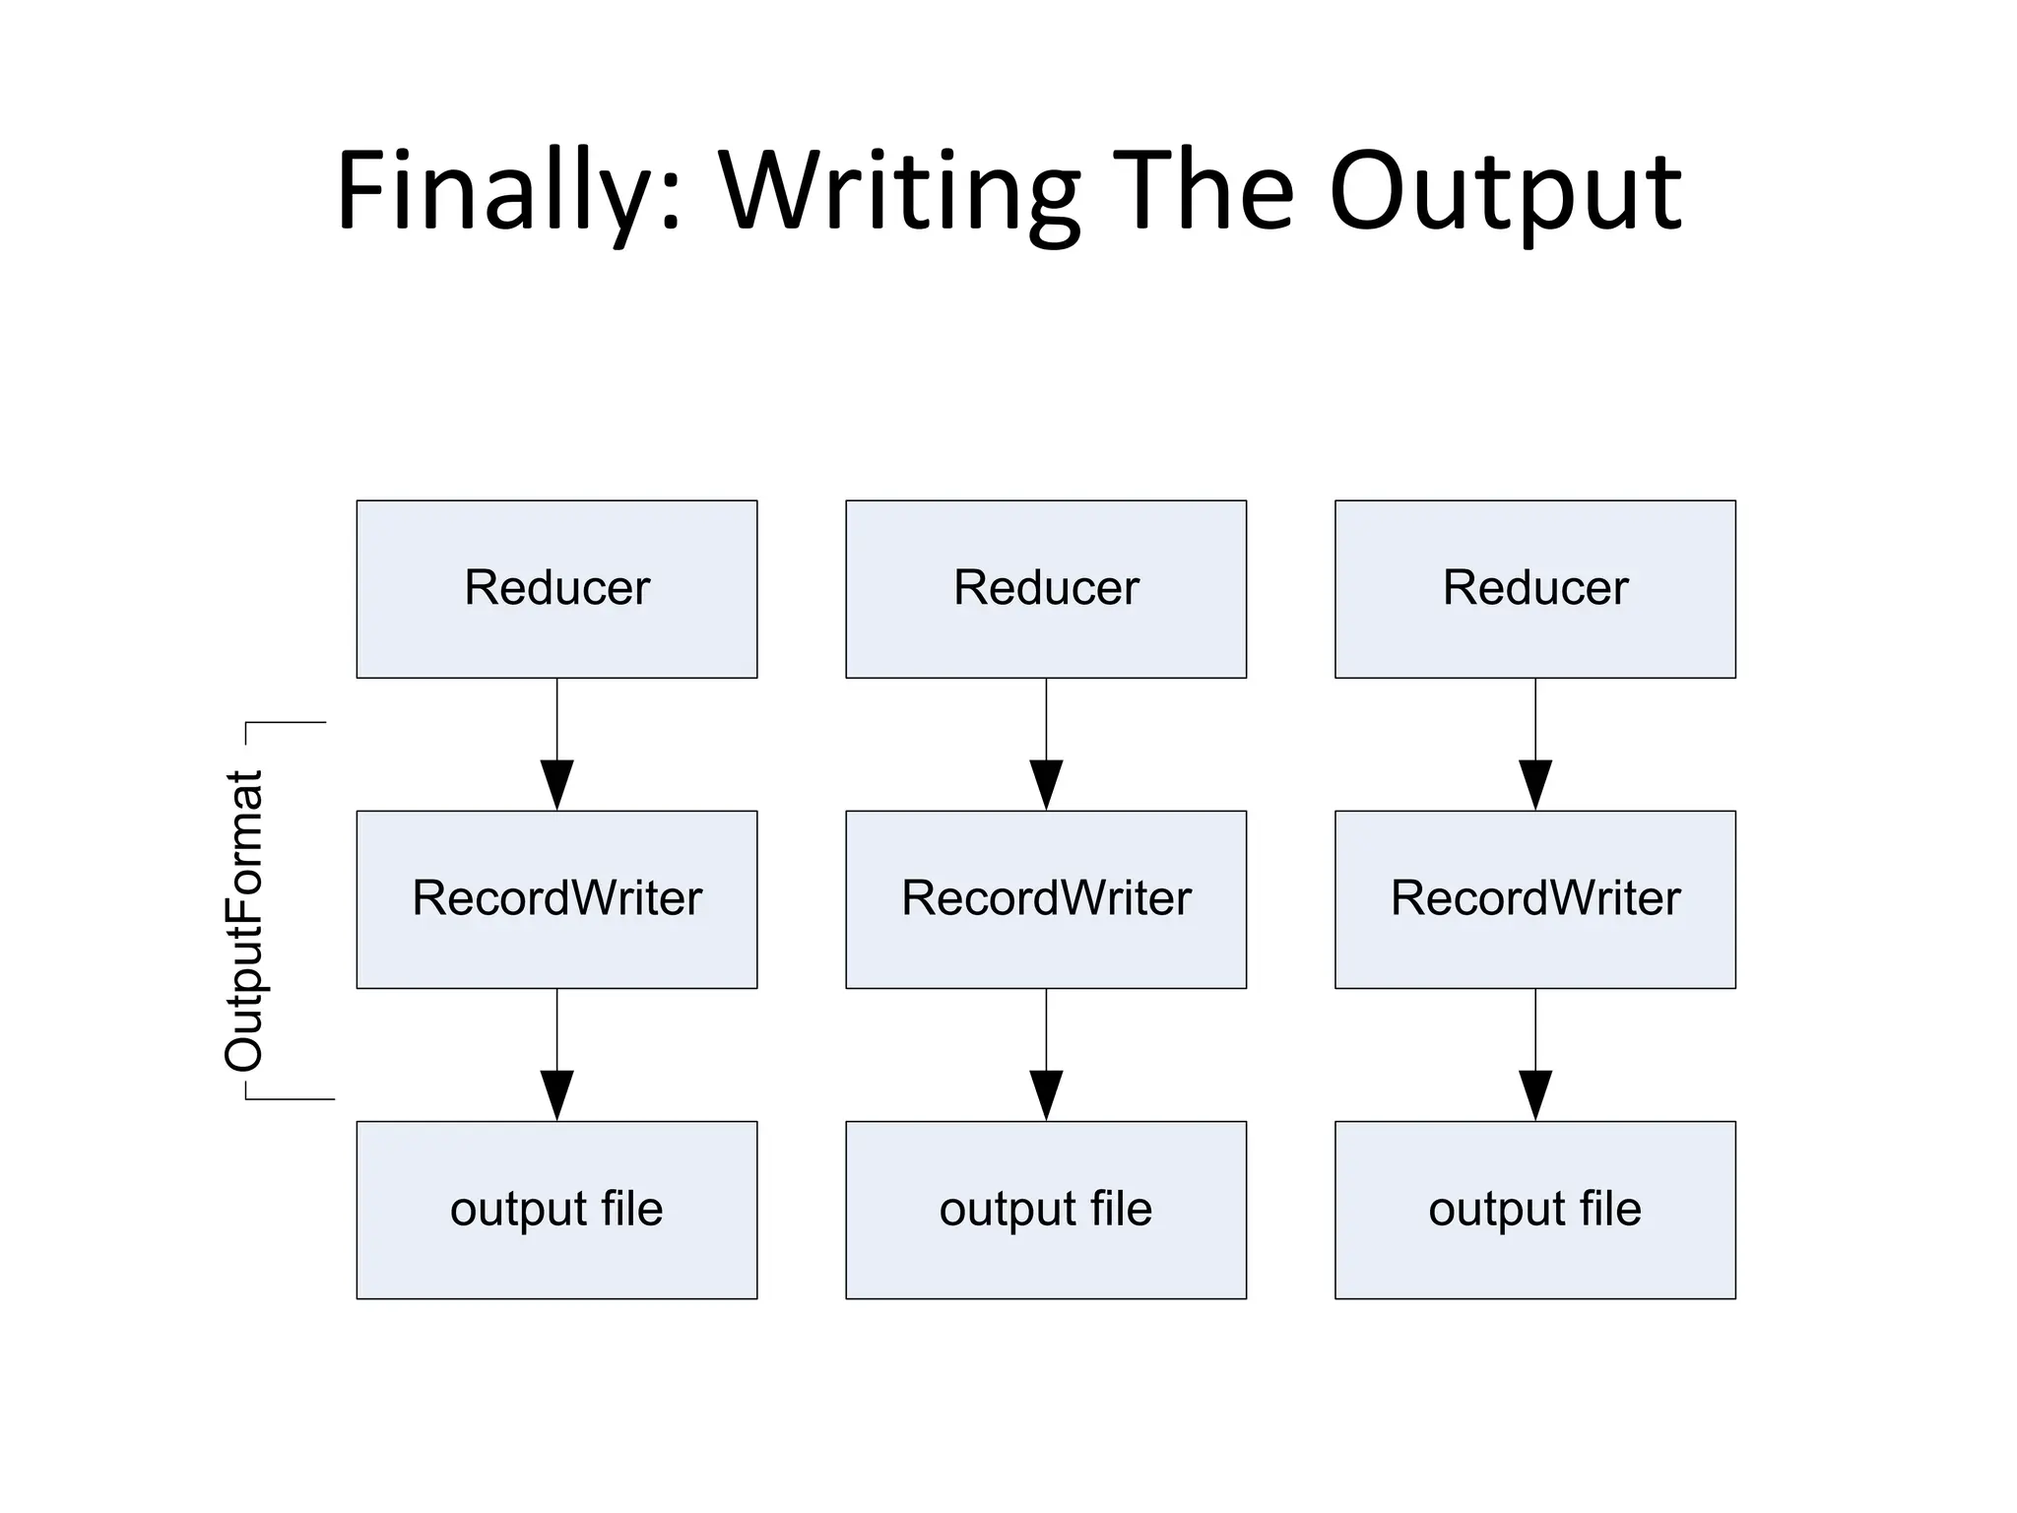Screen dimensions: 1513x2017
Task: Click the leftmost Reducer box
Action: point(556,589)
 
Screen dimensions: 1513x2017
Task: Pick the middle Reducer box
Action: point(1046,589)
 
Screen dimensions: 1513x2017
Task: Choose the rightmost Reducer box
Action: point(1534,589)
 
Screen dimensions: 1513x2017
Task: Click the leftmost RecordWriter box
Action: point(556,899)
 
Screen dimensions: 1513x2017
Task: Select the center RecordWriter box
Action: point(1046,899)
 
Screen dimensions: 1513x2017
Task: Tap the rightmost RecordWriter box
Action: point(1534,899)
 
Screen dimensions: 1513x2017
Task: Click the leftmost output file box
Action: point(556,1210)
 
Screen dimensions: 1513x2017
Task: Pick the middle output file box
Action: point(1046,1210)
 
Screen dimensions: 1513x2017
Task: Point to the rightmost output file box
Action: point(1534,1210)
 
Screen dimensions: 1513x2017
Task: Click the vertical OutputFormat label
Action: point(244,920)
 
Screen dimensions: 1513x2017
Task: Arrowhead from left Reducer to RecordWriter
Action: point(557,785)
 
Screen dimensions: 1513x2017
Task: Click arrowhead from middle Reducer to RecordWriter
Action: point(1046,785)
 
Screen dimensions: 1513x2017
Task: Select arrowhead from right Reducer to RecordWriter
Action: point(1535,785)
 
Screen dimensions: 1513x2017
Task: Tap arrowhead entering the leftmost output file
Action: point(557,1095)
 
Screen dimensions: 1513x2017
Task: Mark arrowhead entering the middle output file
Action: point(1046,1095)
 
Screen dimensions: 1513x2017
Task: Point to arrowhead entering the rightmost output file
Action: point(1535,1095)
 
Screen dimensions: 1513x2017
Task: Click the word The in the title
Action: point(1207,192)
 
